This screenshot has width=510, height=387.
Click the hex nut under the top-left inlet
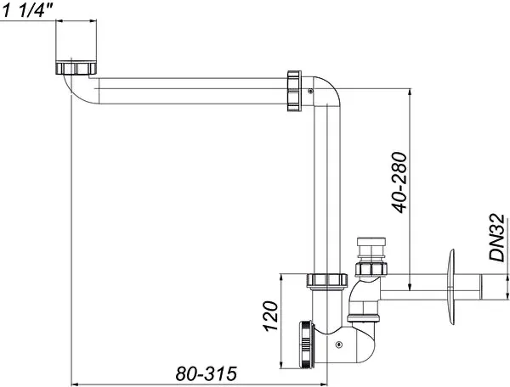[78, 68]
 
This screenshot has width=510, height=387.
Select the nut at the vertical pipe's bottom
[320, 280]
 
